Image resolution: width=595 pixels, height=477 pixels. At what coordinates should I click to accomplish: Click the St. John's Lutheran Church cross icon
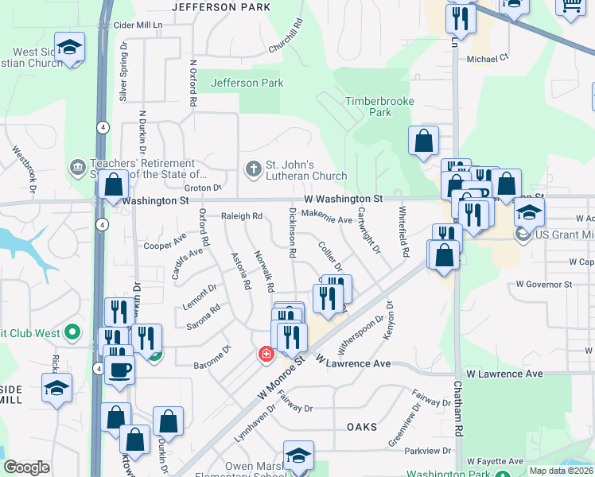(x=253, y=169)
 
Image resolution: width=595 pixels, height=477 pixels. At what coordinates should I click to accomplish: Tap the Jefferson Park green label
(x=247, y=83)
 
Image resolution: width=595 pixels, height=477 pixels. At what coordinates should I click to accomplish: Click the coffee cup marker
(x=119, y=368)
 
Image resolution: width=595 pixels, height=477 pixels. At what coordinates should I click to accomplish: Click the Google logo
(x=26, y=467)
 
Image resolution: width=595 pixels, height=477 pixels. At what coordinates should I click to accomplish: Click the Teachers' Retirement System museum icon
(x=78, y=167)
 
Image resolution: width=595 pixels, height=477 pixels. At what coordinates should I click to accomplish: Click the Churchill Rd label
(x=297, y=38)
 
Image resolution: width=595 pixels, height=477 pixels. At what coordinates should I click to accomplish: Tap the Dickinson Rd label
(x=293, y=232)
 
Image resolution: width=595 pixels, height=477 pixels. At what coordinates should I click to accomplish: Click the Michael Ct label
(x=488, y=58)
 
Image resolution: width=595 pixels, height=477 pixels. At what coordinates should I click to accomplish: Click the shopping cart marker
(x=570, y=6)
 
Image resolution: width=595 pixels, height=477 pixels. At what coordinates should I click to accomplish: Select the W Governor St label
(x=544, y=284)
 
